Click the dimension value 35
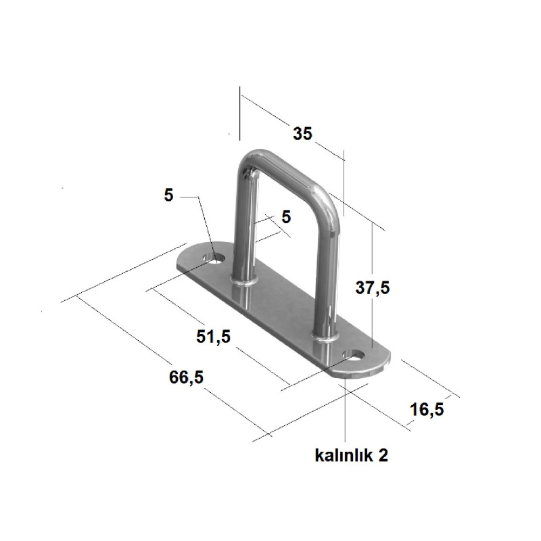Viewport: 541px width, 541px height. click(302, 133)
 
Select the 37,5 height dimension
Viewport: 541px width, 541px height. click(373, 287)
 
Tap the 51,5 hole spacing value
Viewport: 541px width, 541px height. click(213, 336)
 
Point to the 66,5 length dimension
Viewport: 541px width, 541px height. click(186, 377)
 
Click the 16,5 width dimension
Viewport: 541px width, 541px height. click(427, 410)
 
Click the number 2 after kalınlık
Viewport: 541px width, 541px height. click(383, 455)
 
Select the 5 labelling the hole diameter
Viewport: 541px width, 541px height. click(168, 195)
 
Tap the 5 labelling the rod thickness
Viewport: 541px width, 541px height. click(286, 217)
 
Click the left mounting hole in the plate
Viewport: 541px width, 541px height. click(214, 258)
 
